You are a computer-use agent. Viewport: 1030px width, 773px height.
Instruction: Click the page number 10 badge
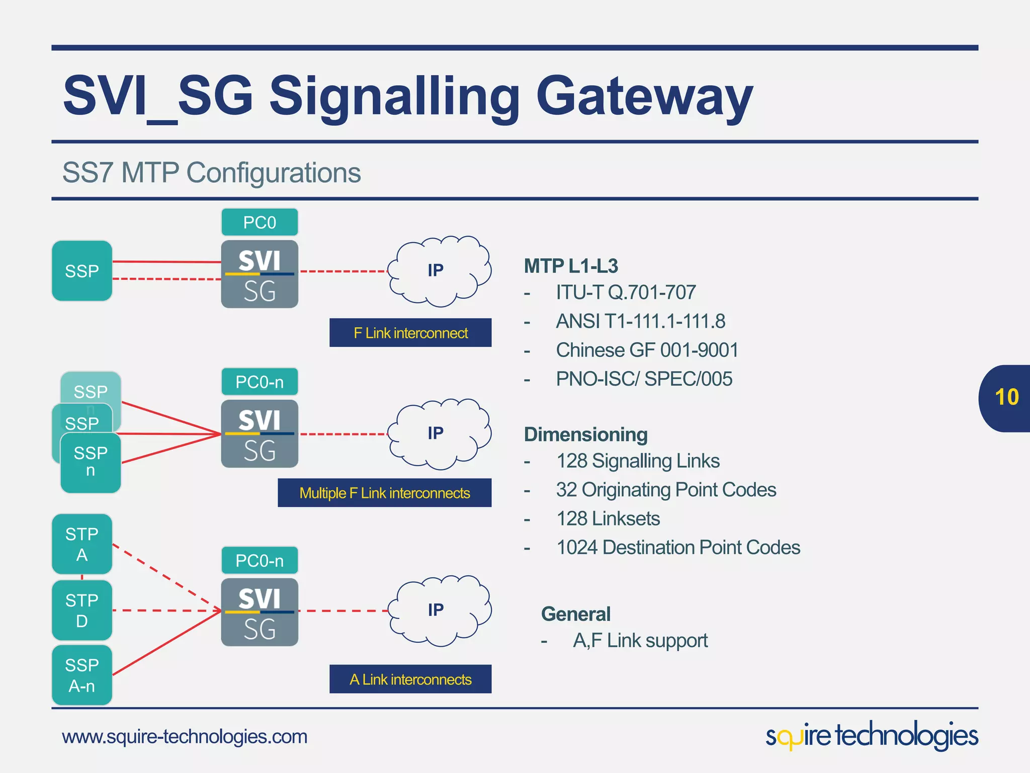click(1005, 398)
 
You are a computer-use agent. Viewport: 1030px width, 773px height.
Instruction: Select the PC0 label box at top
click(260, 222)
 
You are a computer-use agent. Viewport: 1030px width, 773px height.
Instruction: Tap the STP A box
click(82, 544)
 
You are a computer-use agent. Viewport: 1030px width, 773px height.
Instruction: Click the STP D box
click(82, 610)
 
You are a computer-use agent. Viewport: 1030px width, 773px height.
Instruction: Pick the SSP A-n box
click(82, 675)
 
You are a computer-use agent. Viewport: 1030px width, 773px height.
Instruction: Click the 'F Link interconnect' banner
click(410, 333)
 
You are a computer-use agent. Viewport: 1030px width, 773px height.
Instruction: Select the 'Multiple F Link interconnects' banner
click(385, 493)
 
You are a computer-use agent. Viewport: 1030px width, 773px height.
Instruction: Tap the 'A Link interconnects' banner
click(410, 679)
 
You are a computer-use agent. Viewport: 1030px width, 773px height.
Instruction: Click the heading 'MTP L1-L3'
click(571, 266)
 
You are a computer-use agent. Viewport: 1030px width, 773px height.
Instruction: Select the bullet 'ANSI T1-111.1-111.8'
click(640, 321)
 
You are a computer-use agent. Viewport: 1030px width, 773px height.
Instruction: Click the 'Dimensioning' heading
click(585, 434)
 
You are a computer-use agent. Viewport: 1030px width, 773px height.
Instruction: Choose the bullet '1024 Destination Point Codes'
click(678, 548)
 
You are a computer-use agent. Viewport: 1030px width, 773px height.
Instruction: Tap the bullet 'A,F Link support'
click(640, 641)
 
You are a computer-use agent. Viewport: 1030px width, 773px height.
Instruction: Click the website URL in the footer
click(185, 737)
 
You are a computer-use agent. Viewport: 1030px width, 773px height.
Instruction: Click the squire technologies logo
click(872, 736)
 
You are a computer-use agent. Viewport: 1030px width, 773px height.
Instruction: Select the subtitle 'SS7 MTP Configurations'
click(211, 173)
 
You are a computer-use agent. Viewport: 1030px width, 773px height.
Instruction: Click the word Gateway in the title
click(644, 96)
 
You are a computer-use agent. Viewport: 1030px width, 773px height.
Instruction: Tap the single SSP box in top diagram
click(82, 271)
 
